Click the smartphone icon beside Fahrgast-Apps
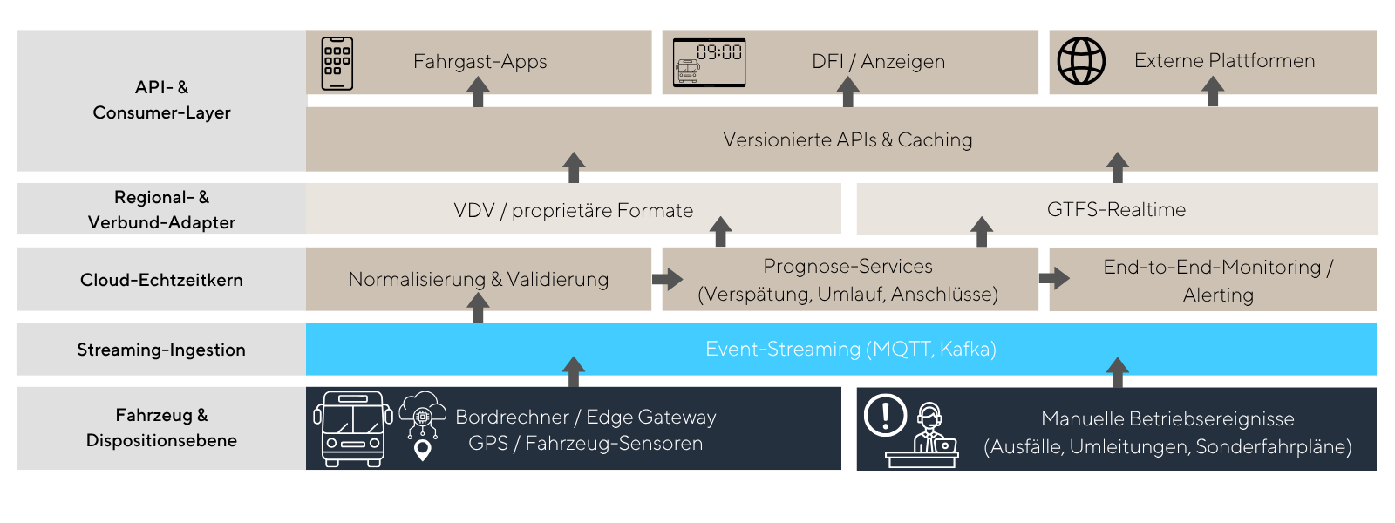[x=337, y=64]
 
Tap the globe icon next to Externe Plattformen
[x=1081, y=61]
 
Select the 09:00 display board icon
[x=710, y=62]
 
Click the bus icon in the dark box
[x=353, y=429]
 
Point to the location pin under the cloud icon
[x=423, y=450]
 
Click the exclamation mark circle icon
[x=886, y=415]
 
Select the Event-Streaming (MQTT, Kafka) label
[x=851, y=349]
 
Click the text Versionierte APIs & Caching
[x=847, y=139]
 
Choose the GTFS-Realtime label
[x=1116, y=209]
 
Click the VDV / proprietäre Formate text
[x=573, y=210]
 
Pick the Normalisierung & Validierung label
[x=479, y=279]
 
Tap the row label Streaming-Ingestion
[x=161, y=350]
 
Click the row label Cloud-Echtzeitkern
[x=161, y=280]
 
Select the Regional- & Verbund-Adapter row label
[x=161, y=209]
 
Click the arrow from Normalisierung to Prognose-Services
[x=668, y=278]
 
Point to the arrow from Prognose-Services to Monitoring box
[x=1054, y=278]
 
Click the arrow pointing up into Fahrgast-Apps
[x=478, y=92]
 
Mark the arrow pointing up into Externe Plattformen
[x=1213, y=91]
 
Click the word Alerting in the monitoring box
[x=1218, y=295]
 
